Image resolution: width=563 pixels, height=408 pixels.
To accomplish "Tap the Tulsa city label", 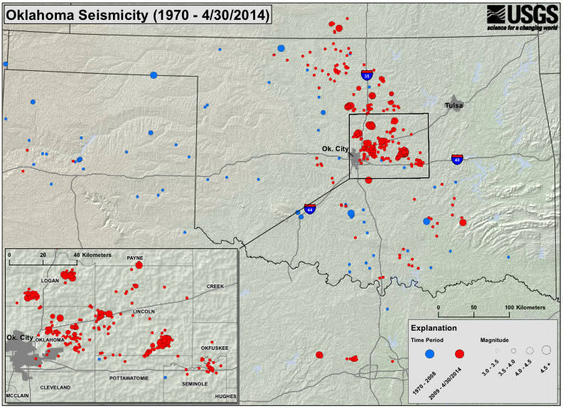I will tap(454, 106).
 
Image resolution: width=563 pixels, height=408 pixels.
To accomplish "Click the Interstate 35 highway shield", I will tap(367, 74).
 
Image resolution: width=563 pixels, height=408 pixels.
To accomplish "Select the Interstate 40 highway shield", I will tap(458, 160).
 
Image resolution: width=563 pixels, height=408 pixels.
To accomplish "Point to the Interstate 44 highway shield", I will tap(310, 209).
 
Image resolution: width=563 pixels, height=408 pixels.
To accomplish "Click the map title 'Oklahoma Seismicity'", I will tap(138, 15).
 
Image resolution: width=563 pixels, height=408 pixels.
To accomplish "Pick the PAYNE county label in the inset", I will tap(135, 258).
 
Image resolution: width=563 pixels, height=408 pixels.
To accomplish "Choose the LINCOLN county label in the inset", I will tap(144, 311).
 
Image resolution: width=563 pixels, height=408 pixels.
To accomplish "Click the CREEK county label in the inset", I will tap(215, 286).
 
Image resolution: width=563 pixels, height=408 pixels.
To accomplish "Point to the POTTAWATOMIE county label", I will tap(129, 379).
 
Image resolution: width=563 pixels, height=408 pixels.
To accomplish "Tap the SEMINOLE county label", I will tap(194, 383).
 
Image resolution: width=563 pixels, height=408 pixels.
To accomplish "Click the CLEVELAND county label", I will tap(55, 387).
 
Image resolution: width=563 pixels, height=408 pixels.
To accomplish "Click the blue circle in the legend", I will tap(430, 353).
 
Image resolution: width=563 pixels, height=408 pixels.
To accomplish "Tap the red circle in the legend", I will tap(460, 353).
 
